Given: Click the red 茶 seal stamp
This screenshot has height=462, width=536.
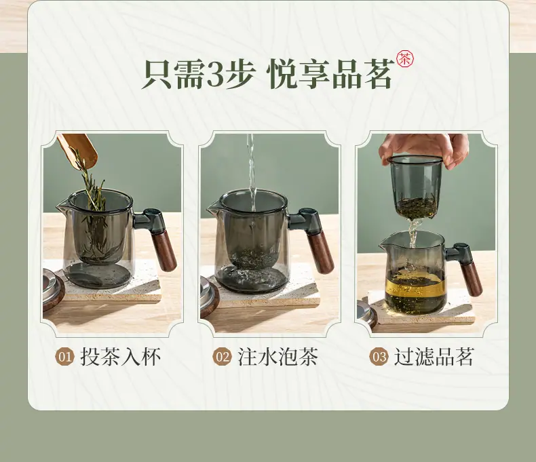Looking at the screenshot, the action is click(x=405, y=59).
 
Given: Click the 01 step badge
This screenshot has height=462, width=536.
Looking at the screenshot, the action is click(x=65, y=357).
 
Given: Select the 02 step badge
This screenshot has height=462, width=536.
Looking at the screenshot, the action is click(x=222, y=357).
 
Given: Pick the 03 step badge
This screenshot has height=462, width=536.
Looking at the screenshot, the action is click(x=379, y=357).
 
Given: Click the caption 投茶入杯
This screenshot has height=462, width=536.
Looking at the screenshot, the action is click(x=120, y=357).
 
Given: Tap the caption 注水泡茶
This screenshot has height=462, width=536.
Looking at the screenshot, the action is click(x=277, y=357).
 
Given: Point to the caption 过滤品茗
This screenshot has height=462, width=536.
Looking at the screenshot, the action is click(x=434, y=357).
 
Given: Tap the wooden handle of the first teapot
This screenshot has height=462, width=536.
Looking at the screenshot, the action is click(x=164, y=250).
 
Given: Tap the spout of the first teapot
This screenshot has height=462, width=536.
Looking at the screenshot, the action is click(x=62, y=206).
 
